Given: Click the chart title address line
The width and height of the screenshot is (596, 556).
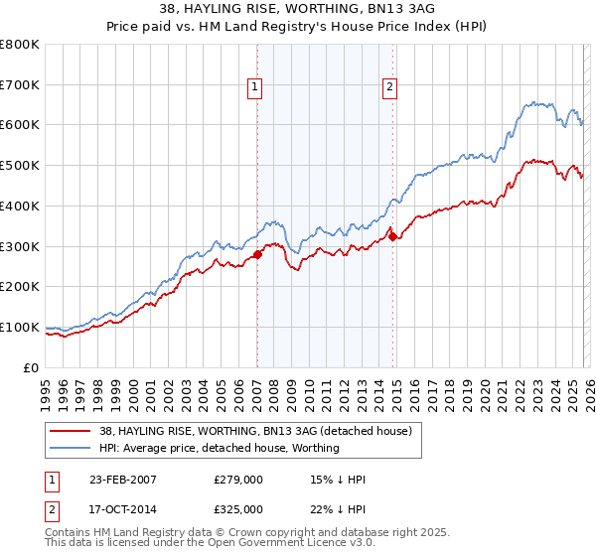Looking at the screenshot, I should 298,9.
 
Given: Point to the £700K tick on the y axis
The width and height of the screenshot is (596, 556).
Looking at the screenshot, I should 21,85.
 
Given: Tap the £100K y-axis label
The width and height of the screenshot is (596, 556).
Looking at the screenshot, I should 21,327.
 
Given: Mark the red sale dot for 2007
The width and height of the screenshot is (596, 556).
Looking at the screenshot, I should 257,254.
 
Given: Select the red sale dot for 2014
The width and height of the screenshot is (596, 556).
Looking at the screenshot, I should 392,236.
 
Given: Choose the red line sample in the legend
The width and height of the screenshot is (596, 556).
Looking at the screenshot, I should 72,430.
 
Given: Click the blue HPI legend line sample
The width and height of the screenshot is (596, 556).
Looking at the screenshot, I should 72,448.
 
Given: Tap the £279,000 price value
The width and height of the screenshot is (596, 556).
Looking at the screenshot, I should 238,480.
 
